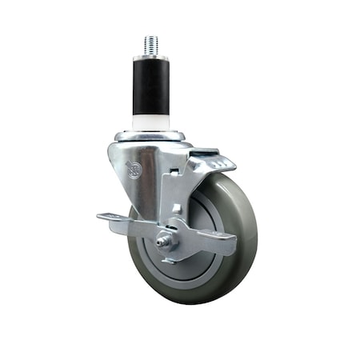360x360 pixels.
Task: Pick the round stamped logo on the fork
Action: [134, 170]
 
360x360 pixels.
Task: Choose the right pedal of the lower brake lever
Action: [212, 244]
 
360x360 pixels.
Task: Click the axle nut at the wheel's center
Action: [166, 240]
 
